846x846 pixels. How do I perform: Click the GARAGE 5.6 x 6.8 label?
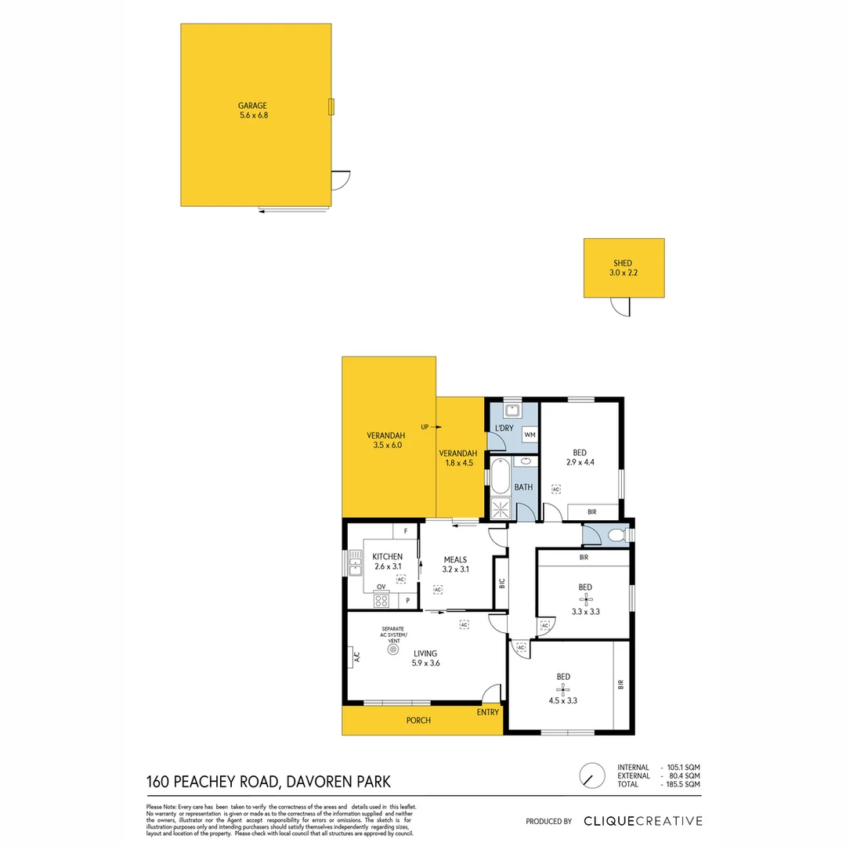(253, 110)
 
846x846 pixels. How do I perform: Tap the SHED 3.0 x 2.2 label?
(623, 268)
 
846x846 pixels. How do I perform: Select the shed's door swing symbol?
(620, 306)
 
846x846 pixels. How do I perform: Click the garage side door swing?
(340, 180)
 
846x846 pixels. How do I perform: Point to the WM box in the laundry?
(530, 435)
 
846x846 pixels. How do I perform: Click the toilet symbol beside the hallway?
(616, 536)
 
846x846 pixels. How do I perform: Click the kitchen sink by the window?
(356, 561)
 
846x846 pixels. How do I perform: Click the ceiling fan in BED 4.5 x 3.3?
(562, 689)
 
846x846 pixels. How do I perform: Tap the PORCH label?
(418, 721)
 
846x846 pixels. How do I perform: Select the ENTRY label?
(487, 712)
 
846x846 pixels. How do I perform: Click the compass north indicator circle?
(591, 775)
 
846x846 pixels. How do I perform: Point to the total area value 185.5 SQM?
(682, 784)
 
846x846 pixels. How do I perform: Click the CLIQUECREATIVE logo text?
(642, 821)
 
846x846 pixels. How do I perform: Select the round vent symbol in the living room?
(392, 649)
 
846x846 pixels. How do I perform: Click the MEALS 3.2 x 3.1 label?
(455, 565)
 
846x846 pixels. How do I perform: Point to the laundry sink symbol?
(512, 410)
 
